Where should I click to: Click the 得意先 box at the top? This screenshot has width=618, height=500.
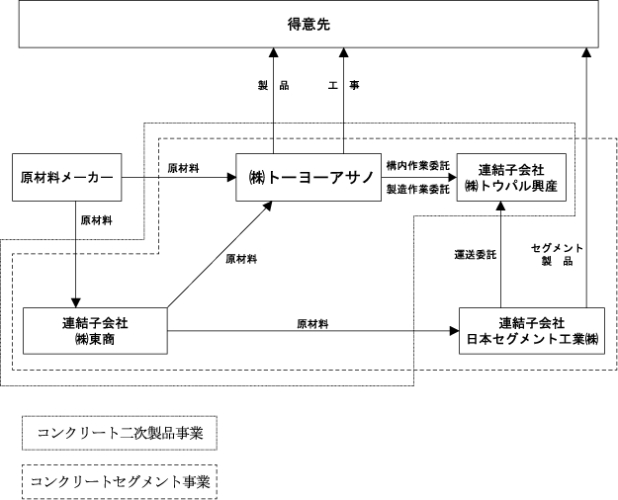[x=309, y=24]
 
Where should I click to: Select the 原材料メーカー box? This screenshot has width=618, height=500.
[x=66, y=177]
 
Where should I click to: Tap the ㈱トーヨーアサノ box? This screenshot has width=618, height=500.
[x=309, y=177]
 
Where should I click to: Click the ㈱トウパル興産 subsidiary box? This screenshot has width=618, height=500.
[x=511, y=177]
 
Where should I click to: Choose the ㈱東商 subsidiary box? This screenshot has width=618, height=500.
[x=95, y=331]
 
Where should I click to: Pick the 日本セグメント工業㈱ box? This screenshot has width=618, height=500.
[x=532, y=331]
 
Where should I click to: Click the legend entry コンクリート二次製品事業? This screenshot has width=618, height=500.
[x=120, y=433]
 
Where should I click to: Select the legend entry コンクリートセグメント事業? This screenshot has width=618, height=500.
[x=120, y=482]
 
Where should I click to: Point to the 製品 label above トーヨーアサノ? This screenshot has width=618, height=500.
[x=273, y=85]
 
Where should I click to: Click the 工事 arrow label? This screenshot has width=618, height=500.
[x=344, y=85]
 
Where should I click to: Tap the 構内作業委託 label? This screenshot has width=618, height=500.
[x=418, y=166]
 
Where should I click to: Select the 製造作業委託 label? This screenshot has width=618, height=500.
[x=418, y=189]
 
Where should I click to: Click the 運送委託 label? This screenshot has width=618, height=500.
[x=476, y=255]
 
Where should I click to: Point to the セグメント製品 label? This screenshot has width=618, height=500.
[x=557, y=254]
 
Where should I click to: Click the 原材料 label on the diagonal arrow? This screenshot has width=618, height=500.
[x=241, y=259]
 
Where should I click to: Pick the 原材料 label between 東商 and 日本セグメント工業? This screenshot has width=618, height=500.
[x=312, y=324]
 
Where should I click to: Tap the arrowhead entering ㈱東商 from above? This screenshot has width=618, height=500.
[x=75, y=302]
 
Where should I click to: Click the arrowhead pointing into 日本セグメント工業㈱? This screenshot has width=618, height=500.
[x=455, y=331]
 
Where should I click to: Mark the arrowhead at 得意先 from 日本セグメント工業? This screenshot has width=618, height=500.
[x=586, y=52]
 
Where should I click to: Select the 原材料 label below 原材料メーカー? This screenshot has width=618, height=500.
[x=97, y=220]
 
